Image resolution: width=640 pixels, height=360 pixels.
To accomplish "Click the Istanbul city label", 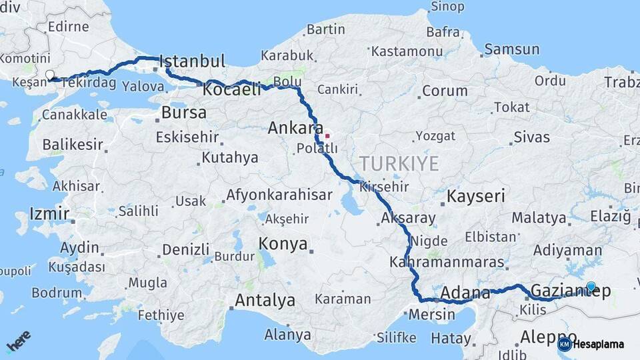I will click(193, 61).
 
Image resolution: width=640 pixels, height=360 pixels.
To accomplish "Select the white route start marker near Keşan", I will click(49, 75).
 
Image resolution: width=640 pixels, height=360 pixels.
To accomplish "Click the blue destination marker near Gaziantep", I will click(591, 287).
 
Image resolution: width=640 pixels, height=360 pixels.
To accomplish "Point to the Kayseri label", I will click(475, 197).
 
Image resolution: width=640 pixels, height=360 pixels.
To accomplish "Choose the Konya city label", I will click(283, 243).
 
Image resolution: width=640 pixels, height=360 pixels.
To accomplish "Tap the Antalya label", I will click(265, 301).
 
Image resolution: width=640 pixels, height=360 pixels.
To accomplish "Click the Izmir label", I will click(49, 214).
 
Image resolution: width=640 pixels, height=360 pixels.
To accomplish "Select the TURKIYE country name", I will click(399, 163).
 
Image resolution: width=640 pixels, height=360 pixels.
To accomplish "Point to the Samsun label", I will click(511, 49).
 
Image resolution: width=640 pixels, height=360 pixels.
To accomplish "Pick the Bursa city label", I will click(184, 113).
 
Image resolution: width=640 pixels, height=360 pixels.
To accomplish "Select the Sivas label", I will click(531, 137).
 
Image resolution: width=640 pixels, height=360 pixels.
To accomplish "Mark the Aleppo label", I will click(548, 336).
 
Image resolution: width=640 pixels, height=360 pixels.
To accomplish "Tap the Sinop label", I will click(447, 7).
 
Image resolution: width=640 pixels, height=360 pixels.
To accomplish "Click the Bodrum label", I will click(57, 292).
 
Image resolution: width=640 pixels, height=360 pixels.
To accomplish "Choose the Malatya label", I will click(539, 217).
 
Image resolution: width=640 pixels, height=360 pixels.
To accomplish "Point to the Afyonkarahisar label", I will click(279, 195).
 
